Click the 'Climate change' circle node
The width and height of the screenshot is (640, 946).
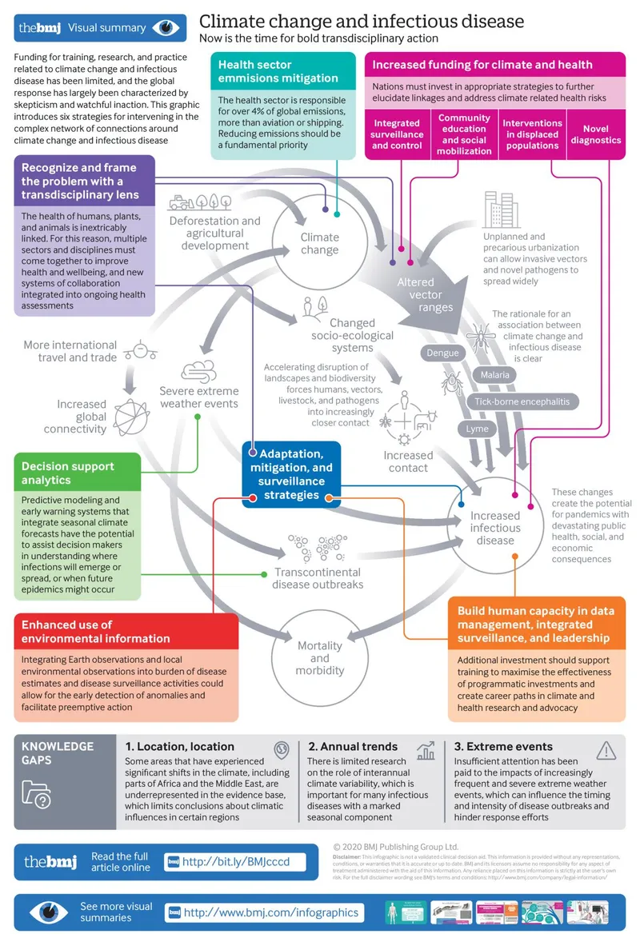pyautogui.click(x=319, y=243)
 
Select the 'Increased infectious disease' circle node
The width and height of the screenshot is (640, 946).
pyautogui.click(x=495, y=528)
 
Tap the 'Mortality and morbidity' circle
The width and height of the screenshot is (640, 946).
pyautogui.click(x=319, y=657)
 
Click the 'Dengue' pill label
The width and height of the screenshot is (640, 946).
pyautogui.click(x=442, y=353)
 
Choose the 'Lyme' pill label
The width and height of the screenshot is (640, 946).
pyautogui.click(x=477, y=429)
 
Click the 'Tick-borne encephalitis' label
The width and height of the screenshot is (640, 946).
pyautogui.click(x=521, y=401)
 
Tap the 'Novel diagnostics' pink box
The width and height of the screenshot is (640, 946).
pyautogui.click(x=595, y=134)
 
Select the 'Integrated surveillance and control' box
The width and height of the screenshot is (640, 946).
pyautogui.click(x=396, y=134)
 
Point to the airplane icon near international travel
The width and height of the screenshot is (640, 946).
pyautogui.click(x=141, y=350)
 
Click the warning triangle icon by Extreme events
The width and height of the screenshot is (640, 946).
pyautogui.click(x=606, y=750)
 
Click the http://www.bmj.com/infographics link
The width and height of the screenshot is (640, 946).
pyautogui.click(x=271, y=912)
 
